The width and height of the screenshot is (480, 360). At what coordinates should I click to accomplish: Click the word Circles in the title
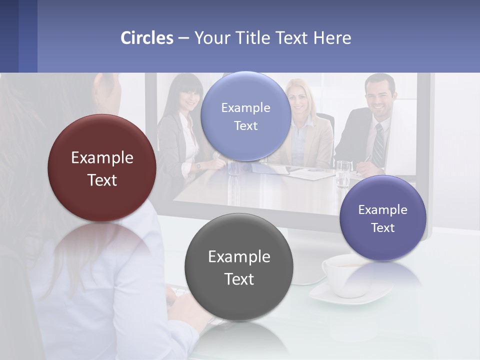[147, 38]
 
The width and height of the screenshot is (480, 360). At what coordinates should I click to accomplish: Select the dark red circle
[102, 168]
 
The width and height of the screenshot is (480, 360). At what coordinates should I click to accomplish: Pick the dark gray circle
[239, 267]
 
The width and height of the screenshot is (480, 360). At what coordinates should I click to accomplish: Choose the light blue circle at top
[245, 116]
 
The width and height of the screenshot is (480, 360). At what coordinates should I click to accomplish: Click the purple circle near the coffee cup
[382, 218]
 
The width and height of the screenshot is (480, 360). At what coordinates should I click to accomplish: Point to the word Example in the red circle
[102, 158]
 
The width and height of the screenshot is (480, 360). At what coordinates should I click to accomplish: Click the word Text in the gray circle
[239, 279]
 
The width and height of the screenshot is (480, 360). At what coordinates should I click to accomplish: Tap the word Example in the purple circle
[382, 209]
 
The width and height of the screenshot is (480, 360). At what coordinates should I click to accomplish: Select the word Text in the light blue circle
[245, 126]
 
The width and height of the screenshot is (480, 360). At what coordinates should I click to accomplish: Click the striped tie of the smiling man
[379, 145]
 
